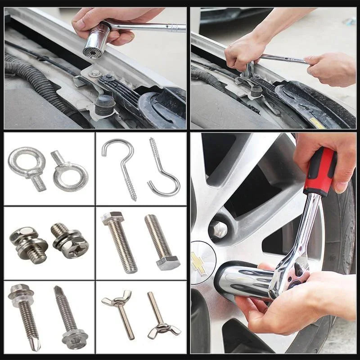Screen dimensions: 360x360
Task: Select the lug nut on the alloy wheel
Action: click(x=219, y=230)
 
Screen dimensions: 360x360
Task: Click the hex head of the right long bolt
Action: click(x=168, y=262)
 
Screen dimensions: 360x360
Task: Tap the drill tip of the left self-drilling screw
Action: click(x=35, y=345)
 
